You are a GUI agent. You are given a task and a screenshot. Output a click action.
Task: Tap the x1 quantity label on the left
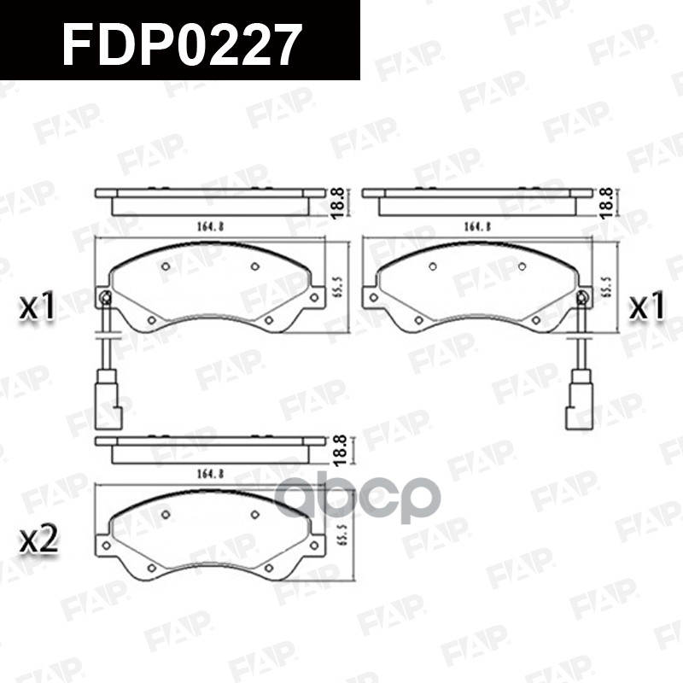38,307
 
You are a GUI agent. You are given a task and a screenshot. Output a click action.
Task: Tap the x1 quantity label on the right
646,307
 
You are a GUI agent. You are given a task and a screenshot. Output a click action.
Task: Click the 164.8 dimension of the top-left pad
210,226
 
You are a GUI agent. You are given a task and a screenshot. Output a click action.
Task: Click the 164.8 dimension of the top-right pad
476,226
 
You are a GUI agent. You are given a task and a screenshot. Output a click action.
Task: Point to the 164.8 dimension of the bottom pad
210,473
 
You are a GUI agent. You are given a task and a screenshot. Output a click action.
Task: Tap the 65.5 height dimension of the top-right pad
608,285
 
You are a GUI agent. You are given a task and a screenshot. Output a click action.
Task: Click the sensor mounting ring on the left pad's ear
105,297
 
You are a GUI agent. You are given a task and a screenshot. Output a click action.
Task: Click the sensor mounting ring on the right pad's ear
582,297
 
